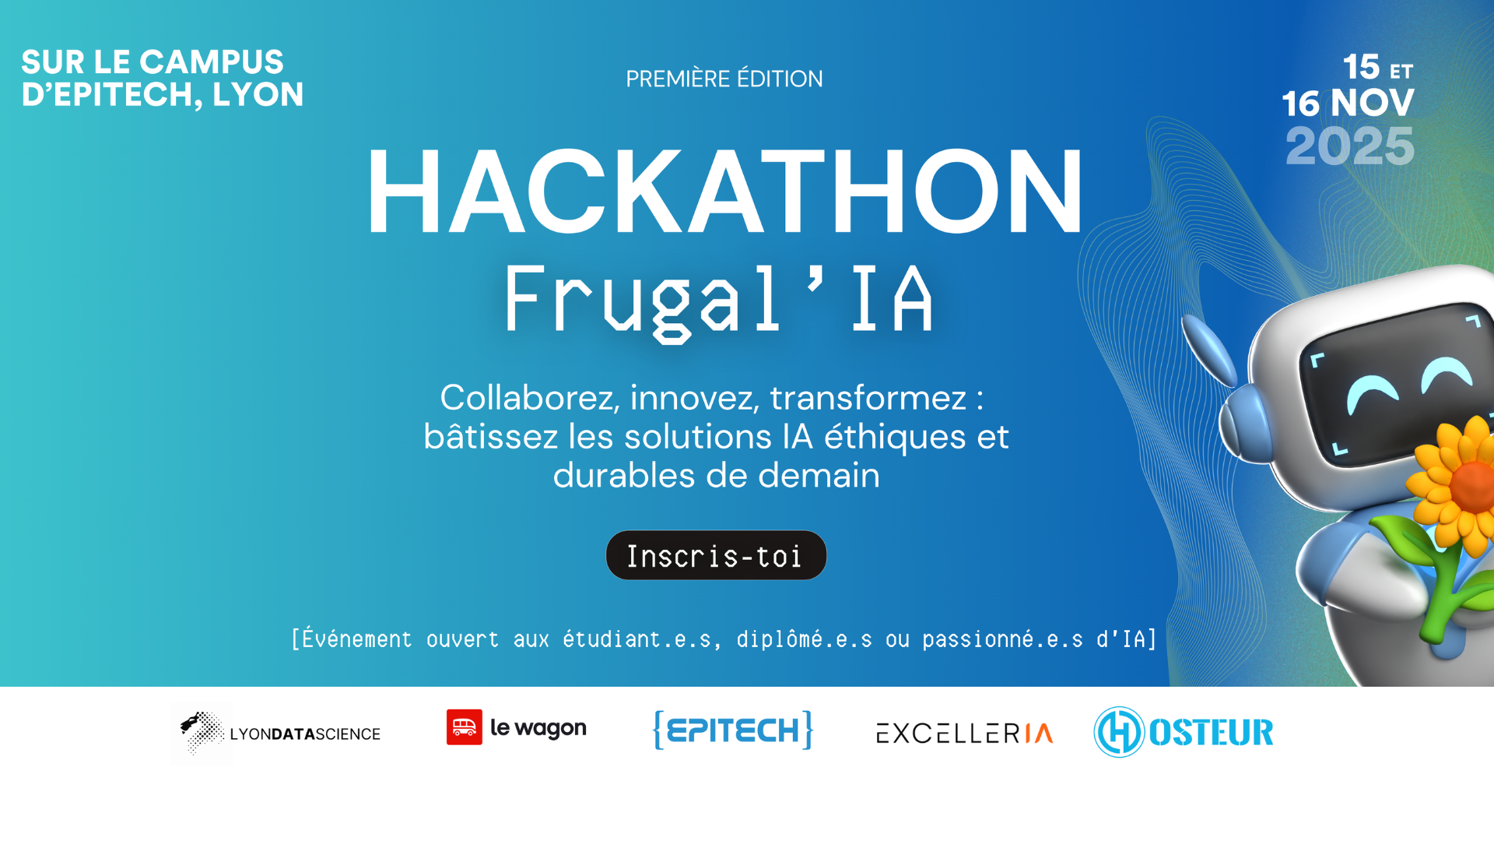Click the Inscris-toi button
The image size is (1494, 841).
(716, 555)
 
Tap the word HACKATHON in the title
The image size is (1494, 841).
(724, 192)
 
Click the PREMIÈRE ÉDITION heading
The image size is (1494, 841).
(724, 79)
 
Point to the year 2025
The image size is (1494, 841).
(1349, 146)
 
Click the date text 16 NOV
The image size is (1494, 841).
(1348, 103)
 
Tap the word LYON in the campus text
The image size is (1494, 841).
(258, 95)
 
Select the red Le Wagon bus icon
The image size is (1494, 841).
(465, 727)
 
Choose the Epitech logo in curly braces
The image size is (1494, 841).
(733, 730)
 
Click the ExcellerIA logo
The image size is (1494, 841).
(964, 734)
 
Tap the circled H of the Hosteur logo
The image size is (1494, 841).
(1119, 732)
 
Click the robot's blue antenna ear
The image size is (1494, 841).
(1208, 348)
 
